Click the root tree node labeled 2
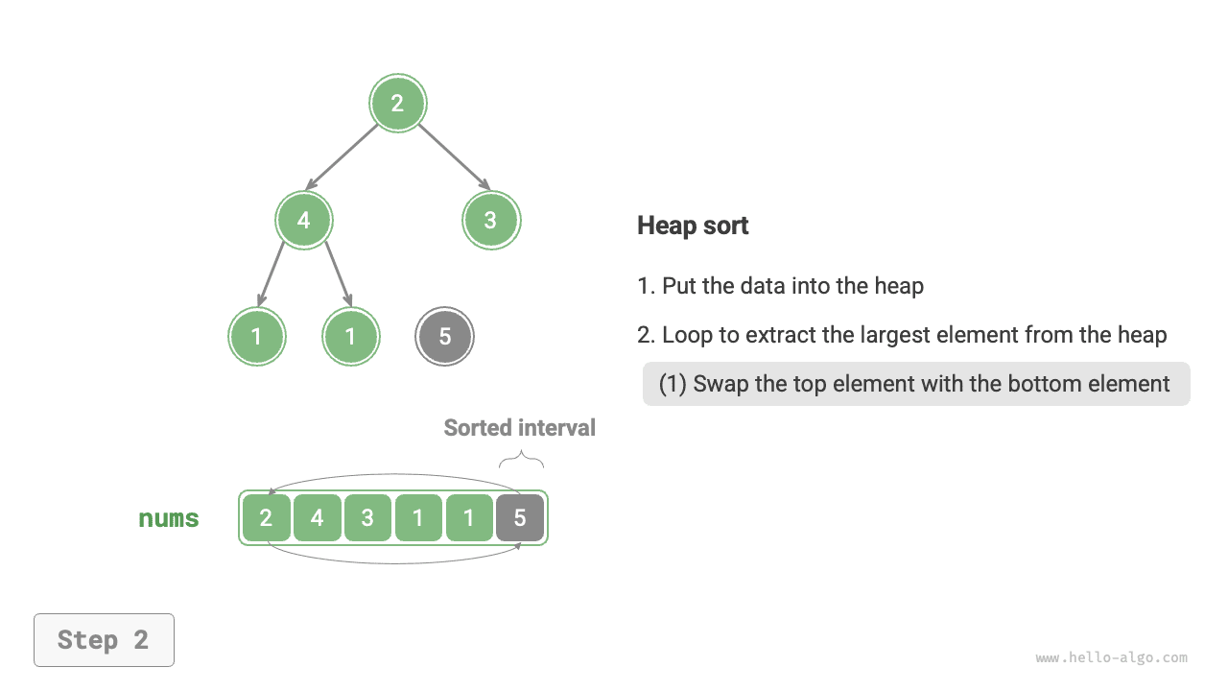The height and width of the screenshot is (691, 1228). point(398,104)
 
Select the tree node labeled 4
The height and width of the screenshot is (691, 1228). point(304,220)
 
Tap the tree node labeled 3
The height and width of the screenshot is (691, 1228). point(490,220)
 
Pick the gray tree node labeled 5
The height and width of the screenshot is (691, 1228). point(445,336)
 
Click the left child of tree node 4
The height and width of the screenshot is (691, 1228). point(257,336)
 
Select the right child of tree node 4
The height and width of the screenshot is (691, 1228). point(351,336)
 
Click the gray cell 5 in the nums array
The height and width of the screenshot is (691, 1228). point(520,518)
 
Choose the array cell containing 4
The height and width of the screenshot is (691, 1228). point(317,518)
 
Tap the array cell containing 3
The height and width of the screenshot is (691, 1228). point(367,518)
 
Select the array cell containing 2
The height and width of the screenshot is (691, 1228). point(266,518)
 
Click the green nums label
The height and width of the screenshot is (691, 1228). point(169,519)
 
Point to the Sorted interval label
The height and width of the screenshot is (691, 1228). point(519,428)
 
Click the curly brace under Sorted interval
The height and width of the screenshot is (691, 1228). point(521,462)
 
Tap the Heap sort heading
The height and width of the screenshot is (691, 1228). point(693,226)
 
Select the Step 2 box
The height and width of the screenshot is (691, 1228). point(104,640)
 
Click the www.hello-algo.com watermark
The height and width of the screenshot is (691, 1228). point(1111,658)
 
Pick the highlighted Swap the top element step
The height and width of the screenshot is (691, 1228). point(915,384)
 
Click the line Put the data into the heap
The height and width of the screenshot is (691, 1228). point(780,286)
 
